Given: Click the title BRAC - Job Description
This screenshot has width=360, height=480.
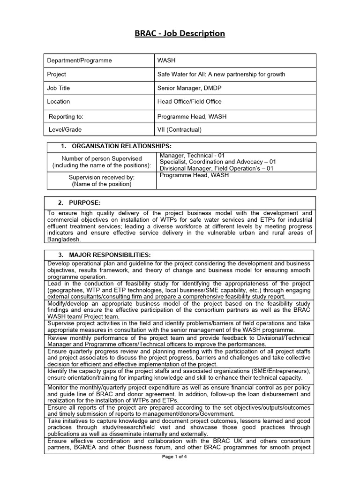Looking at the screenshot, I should coord(180,33).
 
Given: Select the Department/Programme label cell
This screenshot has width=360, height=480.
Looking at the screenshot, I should coord(79,60).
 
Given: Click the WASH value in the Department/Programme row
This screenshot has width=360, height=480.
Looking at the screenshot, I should coord(167,60).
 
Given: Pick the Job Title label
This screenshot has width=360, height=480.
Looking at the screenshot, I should coord(58,88).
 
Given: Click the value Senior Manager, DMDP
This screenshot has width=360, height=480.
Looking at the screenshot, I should coord(189,88).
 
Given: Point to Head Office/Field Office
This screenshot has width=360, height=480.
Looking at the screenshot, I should coord(189,101).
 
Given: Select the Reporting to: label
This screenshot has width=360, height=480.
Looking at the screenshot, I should coord(66,116).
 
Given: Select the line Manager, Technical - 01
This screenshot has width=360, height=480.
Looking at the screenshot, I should coord(193,155).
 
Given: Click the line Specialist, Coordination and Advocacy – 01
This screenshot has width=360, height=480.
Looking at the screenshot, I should coord(217,162).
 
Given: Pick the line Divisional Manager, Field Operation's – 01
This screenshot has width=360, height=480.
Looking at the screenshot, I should coord(216,169).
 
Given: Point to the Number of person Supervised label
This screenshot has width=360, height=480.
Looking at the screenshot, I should coord(102,158).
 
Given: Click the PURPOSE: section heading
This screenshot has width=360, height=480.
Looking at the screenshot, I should coord(84,202).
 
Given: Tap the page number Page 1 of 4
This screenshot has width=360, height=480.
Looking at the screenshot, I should coord(175,457).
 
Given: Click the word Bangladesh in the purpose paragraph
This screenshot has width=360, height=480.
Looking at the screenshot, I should coord(64,239).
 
